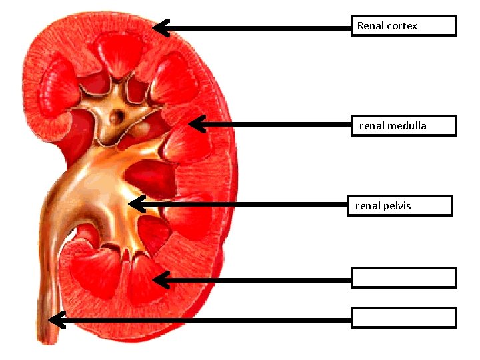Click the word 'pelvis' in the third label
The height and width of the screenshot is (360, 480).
[x=398, y=206]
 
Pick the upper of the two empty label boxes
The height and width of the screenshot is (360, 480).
[x=404, y=277]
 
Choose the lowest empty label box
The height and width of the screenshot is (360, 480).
[x=404, y=317]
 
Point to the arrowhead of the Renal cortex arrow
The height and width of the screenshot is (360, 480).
[x=159, y=27]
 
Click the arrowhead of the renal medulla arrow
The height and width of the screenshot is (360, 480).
[x=195, y=123]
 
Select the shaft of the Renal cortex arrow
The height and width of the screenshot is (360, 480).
[x=260, y=28]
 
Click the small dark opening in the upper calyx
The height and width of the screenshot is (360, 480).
[x=117, y=115]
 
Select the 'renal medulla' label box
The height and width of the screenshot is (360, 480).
[x=404, y=125]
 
